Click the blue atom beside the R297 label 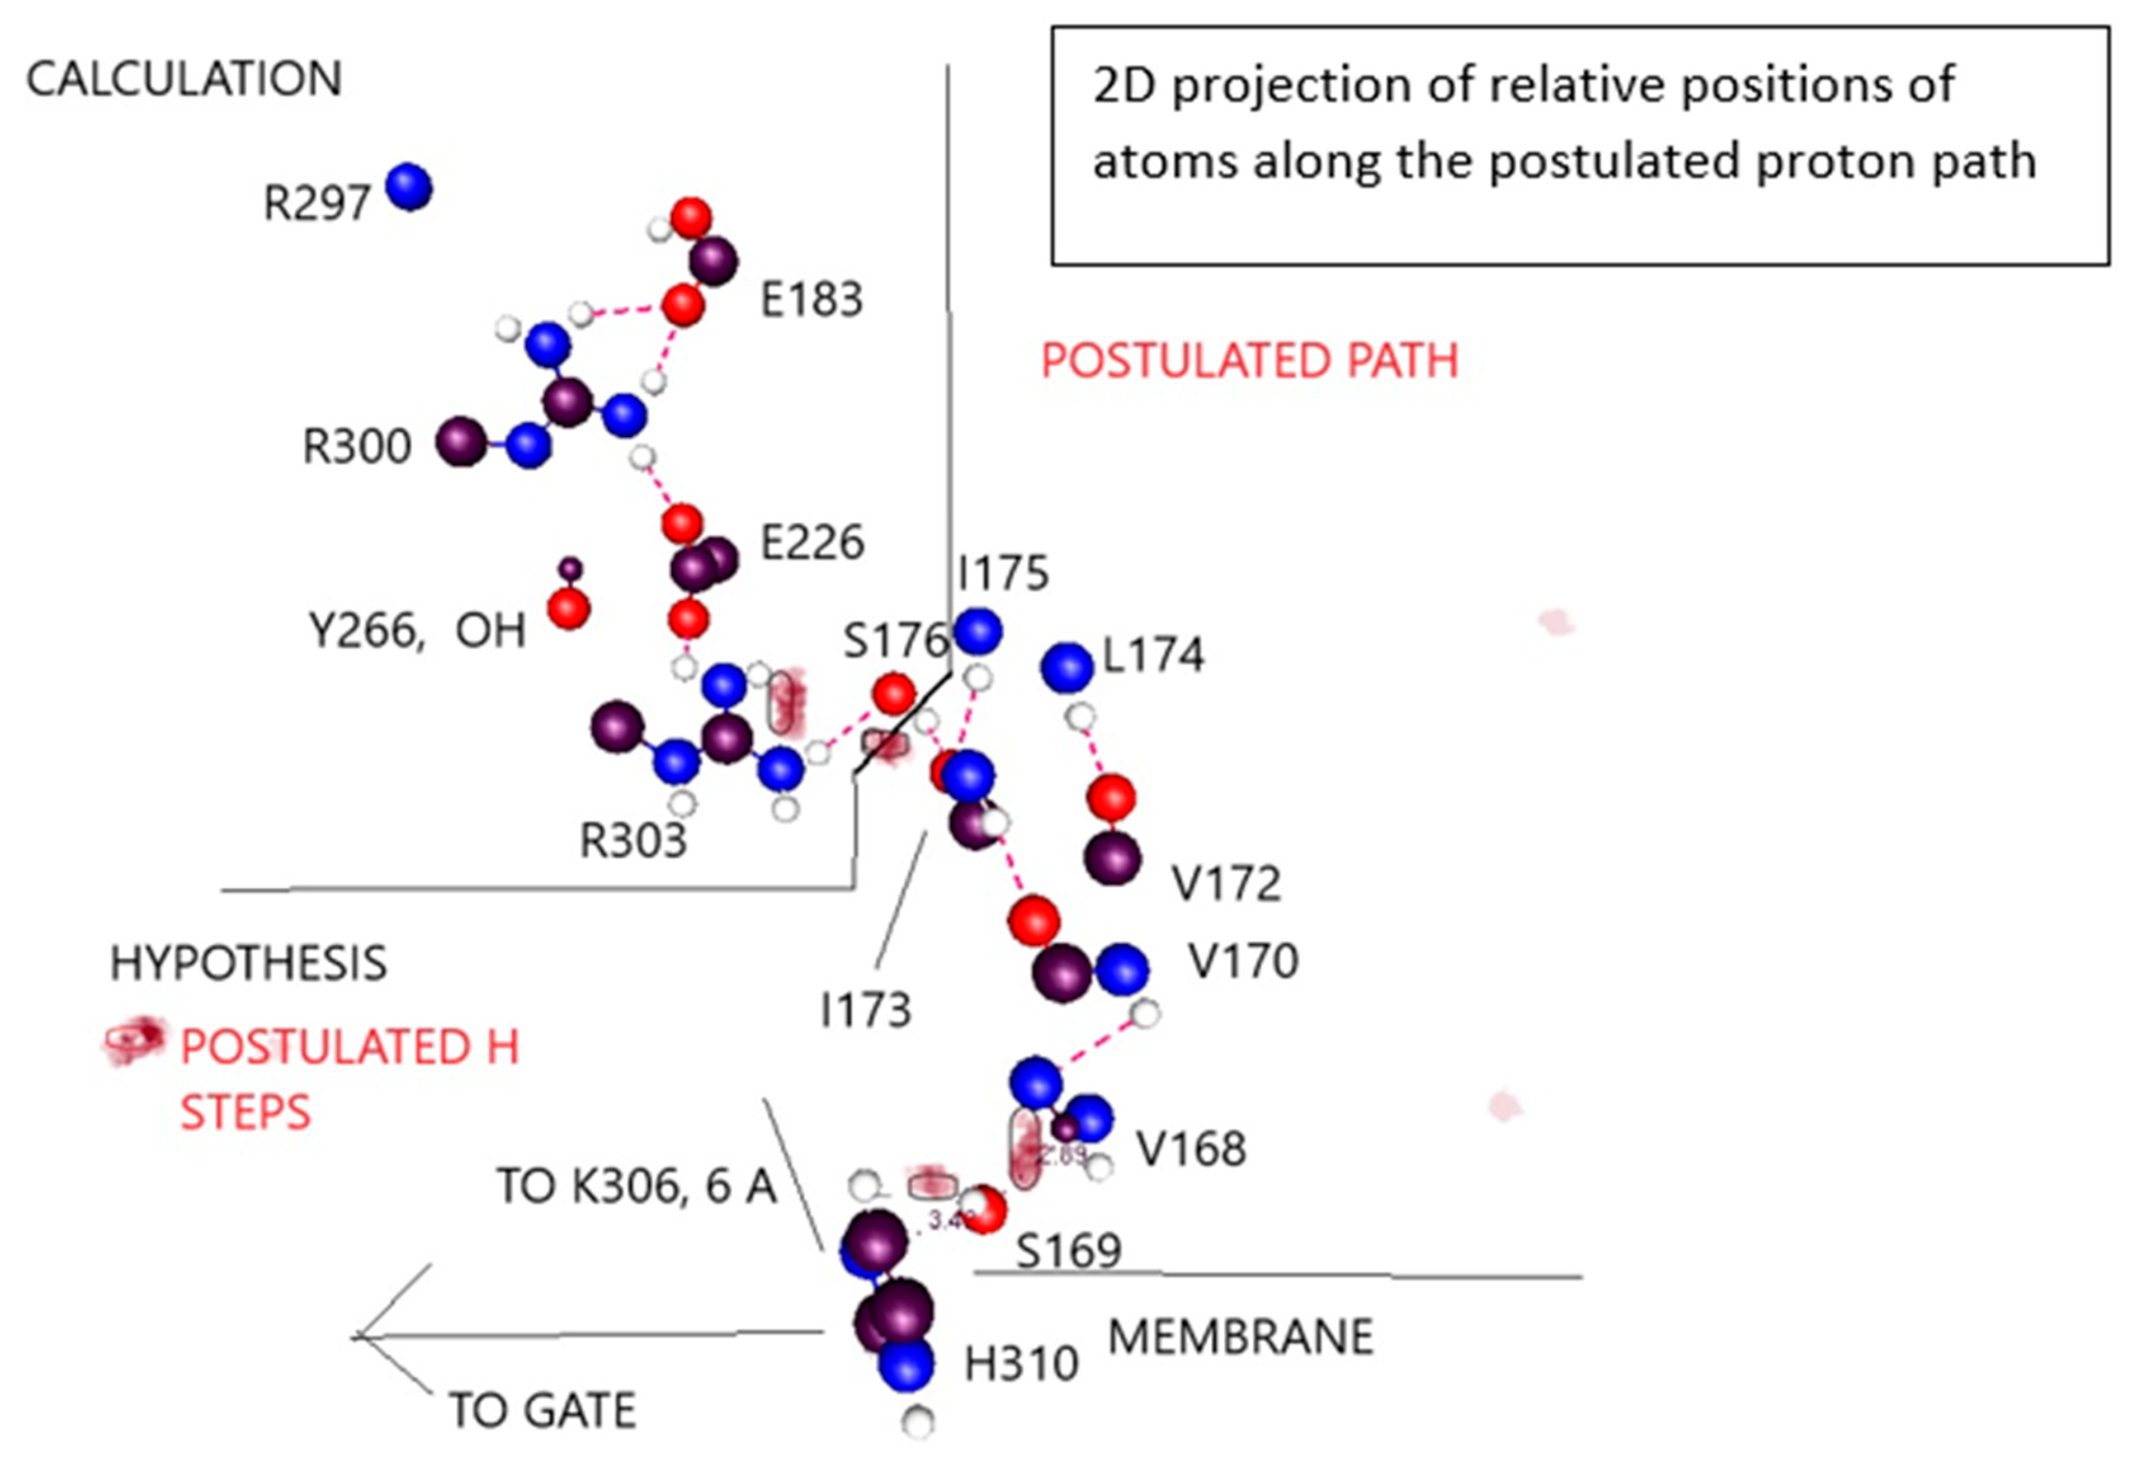tap(409, 186)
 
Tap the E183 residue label tap(812, 299)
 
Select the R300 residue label tap(357, 447)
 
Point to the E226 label tap(812, 542)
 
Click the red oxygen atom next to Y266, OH tap(568, 609)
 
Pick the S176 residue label tap(894, 640)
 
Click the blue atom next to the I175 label tap(978, 631)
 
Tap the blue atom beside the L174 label tap(1066, 667)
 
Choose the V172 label tap(1226, 883)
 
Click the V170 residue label tap(1243, 961)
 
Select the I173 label tap(865, 1010)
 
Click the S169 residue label tap(1069, 1250)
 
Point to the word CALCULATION tap(184, 79)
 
